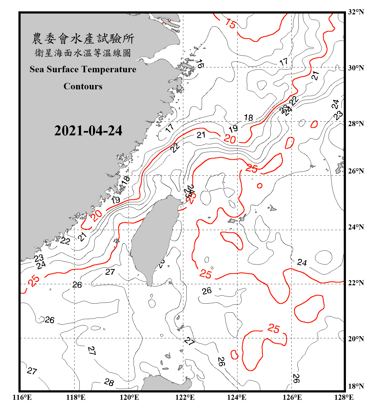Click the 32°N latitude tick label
pyautogui.click(x=356, y=12)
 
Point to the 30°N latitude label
pyautogui.click(x=356, y=68)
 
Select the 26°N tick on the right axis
pyautogui.click(x=356, y=171)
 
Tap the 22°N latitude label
pyautogui.click(x=356, y=283)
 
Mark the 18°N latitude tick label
pyautogui.click(x=356, y=386)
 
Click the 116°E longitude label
pyautogui.click(x=22, y=397)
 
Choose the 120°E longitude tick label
pyautogui.click(x=129, y=397)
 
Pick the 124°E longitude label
pyautogui.click(x=237, y=397)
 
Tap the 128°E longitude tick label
pyautogui.click(x=344, y=397)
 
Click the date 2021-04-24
pyautogui.click(x=88, y=131)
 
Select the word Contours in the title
pyautogui.click(x=83, y=86)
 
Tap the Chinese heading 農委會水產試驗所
pyautogui.click(x=83, y=39)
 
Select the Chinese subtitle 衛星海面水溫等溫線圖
pyautogui.click(x=83, y=53)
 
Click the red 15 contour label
pyautogui.click(x=230, y=24)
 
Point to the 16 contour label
pyautogui.click(x=200, y=64)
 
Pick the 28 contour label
pyautogui.click(x=109, y=382)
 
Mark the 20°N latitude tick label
pyautogui.click(x=356, y=339)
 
